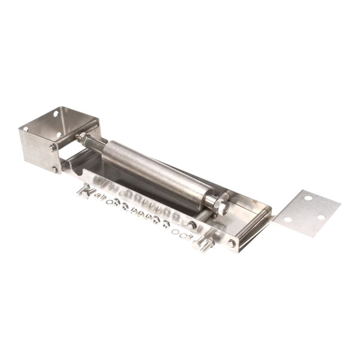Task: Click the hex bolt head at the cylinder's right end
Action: pyautogui.click(x=220, y=206)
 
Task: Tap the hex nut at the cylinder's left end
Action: pyautogui.click(x=82, y=138)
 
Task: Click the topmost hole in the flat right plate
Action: pyautogui.click(x=308, y=197)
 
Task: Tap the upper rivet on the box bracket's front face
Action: pyautogui.click(x=53, y=147)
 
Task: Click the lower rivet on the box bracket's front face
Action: pyautogui.click(x=55, y=170)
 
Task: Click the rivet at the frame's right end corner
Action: pyautogui.click(x=232, y=243)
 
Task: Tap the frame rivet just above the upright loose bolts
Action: pyautogui.click(x=192, y=225)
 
